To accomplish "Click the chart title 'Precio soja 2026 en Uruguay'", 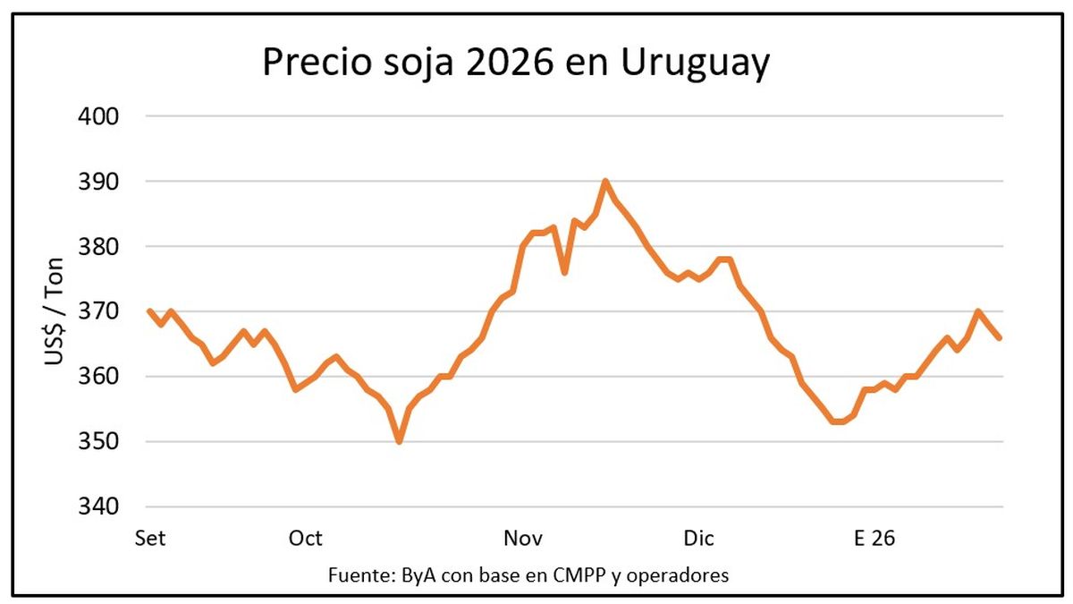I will click(x=515, y=64).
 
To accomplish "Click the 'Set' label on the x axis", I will click(x=150, y=539).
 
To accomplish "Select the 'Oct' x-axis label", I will click(x=305, y=539).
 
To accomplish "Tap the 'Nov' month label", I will click(x=524, y=539).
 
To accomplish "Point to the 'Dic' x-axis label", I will click(x=698, y=539).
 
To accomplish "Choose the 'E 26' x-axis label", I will click(x=874, y=539).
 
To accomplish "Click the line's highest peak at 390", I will click(x=605, y=182).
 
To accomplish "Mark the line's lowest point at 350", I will click(x=399, y=441).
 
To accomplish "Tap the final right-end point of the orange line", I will click(x=1000, y=337).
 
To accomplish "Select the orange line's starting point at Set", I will click(x=148, y=311).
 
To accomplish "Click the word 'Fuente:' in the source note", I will click(x=358, y=574).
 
